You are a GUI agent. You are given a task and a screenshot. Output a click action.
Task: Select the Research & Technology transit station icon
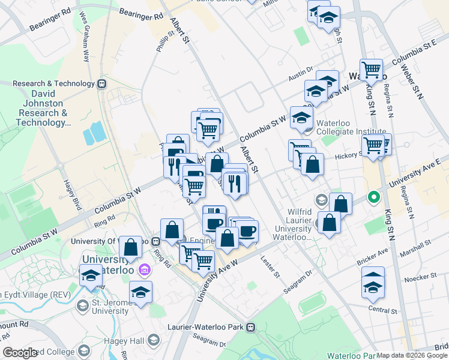tap(102, 84)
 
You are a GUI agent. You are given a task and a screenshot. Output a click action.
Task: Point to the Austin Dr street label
tap(301, 73)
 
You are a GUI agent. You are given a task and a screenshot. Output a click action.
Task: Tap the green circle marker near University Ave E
tap(373, 197)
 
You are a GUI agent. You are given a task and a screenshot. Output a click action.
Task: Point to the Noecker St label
tap(421, 277)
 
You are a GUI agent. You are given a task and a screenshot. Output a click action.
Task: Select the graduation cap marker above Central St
tap(373, 281)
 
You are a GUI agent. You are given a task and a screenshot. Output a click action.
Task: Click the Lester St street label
tap(270, 267)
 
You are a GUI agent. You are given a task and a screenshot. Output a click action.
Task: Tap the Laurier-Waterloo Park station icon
tap(250, 327)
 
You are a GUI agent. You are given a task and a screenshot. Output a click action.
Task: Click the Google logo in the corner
tap(20, 353)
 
